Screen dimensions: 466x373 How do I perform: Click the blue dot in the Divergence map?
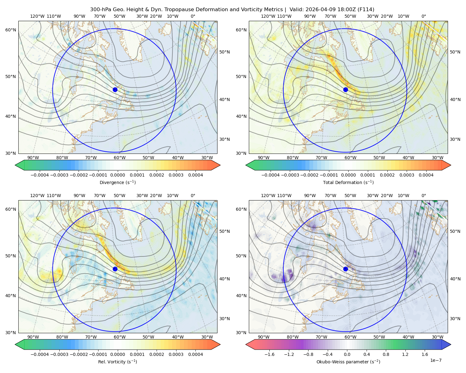pos(115,90)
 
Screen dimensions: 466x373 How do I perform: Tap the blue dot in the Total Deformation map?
pos(345,90)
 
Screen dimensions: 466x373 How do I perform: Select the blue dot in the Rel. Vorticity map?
pos(115,269)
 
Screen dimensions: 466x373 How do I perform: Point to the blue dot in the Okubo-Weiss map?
pos(345,269)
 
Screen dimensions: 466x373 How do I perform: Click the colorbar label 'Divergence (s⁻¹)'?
pos(117,182)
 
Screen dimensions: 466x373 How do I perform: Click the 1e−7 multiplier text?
pos(436,360)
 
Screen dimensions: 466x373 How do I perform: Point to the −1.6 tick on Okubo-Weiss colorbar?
pos(269,354)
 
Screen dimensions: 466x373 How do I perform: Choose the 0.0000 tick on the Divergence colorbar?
pos(117,175)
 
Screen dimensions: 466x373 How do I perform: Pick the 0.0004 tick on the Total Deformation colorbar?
pos(426,175)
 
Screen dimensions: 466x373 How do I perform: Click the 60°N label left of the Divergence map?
pos(11,30)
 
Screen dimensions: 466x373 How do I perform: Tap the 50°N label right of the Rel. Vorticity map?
pos(225,231)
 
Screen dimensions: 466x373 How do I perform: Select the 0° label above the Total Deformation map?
pos(423,16)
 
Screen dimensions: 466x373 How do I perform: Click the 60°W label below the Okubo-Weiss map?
pos(350,337)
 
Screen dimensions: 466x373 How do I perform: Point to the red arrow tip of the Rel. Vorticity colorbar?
pos(220,344)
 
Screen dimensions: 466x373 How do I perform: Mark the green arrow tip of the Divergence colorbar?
pos(15,165)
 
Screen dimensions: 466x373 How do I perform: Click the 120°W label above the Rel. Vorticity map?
pos(37,196)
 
